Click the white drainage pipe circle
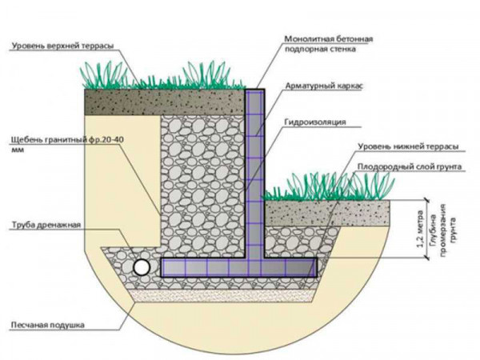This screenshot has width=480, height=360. [142, 267]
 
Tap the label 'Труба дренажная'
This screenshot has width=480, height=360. [46, 225]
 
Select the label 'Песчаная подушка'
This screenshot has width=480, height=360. [47, 325]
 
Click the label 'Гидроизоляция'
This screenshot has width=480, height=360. [315, 122]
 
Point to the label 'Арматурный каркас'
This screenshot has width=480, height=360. [324, 86]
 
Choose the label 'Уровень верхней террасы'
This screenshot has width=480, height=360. [62, 46]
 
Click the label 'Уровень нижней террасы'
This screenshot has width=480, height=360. [409, 146]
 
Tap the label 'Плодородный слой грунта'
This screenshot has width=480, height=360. [410, 167]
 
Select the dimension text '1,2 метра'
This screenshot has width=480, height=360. [421, 229]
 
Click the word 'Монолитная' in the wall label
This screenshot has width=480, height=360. [309, 39]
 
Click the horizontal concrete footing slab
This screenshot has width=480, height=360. [238, 267]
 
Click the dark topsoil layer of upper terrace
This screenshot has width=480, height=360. [164, 102]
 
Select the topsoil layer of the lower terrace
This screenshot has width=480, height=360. [327, 213]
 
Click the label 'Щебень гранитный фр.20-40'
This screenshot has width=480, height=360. [67, 140]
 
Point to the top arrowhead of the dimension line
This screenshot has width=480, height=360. [426, 200]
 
